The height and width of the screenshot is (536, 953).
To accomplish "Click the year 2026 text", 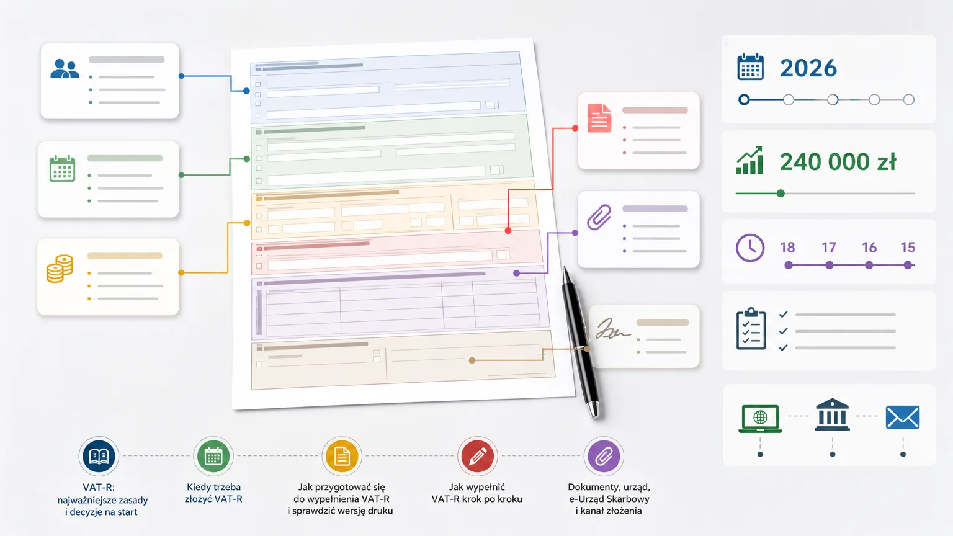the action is point(808,68).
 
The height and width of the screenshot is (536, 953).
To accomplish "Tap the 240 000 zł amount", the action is point(838,162).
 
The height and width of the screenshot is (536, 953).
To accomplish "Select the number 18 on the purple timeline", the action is point(787,248).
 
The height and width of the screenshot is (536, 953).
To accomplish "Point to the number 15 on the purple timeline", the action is point(908,248).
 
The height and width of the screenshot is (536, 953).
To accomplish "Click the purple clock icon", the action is point(750,248).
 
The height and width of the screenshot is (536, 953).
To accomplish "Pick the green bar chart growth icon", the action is point(749,161).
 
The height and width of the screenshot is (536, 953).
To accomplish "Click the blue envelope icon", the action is point(902,417).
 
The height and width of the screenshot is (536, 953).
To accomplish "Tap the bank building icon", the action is point(832,415).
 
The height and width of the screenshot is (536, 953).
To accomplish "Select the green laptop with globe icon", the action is point(760,419).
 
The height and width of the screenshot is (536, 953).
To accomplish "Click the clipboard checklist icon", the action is point(751,328).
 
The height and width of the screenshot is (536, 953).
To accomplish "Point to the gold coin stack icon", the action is point(60,269).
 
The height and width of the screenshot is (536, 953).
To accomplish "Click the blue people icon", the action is point(65,68).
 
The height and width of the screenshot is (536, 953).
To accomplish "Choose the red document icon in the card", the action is point(599,118).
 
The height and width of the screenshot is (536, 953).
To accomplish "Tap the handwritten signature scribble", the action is point(612,329).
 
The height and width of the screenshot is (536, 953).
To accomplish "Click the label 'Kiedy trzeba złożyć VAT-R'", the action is point(213,493).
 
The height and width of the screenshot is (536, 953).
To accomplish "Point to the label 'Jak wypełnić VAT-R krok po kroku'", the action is point(477,493).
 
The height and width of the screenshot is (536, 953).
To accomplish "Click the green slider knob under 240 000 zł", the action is point(781,194).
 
